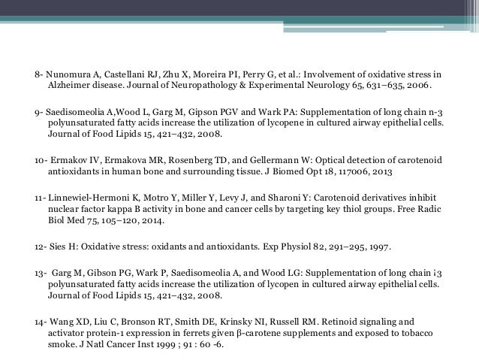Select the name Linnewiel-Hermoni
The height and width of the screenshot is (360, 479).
tap(83, 197)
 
